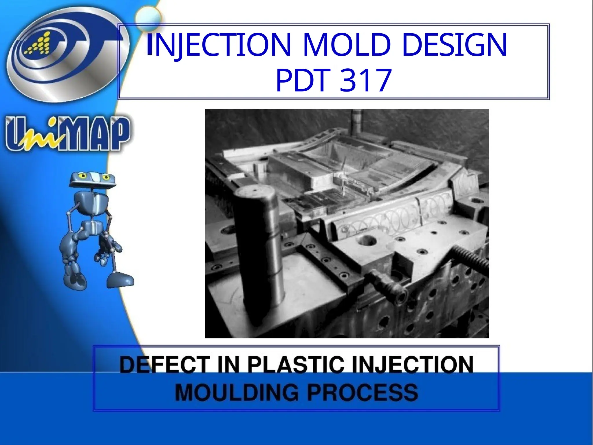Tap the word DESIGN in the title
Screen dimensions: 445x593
click(x=454, y=45)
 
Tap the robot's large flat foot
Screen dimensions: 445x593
click(x=120, y=279)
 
